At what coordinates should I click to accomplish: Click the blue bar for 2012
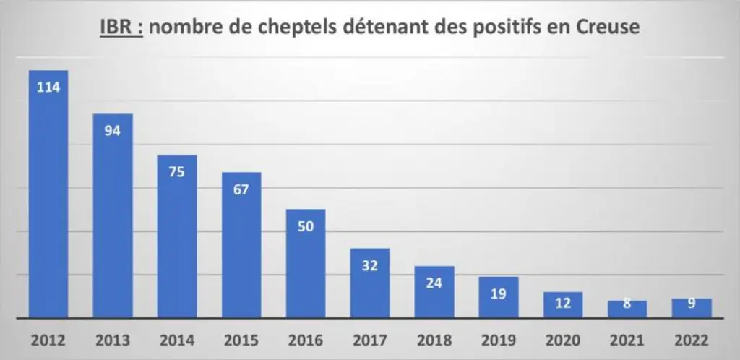tap(48, 194)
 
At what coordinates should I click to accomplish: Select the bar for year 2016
tap(306, 263)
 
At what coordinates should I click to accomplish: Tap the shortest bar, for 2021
tap(627, 309)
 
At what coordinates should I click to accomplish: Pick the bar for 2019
tap(499, 297)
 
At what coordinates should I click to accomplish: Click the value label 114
tap(48, 87)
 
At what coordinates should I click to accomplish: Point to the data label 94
tap(112, 131)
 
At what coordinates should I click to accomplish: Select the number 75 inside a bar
tap(176, 172)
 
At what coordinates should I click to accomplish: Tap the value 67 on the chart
tap(241, 189)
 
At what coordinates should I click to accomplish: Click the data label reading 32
tap(370, 265)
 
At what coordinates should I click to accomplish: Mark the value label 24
tap(434, 283)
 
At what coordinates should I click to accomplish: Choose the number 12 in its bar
tap(563, 303)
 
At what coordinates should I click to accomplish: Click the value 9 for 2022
tap(692, 304)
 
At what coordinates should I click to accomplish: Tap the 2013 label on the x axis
tap(112, 340)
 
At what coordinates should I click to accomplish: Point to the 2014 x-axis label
tap(176, 340)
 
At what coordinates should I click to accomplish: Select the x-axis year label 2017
tap(370, 340)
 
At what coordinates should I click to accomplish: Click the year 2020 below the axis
tap(563, 340)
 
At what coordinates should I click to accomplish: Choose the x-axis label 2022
tap(692, 340)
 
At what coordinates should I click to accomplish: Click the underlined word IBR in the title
tap(116, 27)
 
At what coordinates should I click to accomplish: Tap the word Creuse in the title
tap(608, 27)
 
